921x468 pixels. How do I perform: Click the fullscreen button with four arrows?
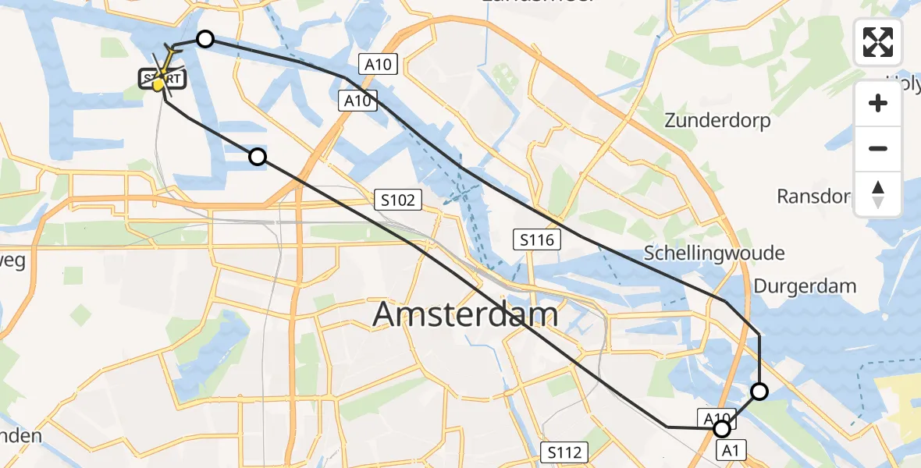point(878,42)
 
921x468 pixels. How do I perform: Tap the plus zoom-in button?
point(878,103)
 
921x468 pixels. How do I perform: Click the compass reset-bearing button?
point(878,194)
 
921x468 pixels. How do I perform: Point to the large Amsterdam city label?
point(465,315)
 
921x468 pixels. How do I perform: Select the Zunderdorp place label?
point(717,121)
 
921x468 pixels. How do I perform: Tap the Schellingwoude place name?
point(714,253)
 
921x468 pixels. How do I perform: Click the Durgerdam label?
point(805,286)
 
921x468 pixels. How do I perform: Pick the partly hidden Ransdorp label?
point(813,196)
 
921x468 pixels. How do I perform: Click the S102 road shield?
point(398,200)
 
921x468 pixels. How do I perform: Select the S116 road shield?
point(538,239)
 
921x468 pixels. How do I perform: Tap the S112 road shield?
point(565,452)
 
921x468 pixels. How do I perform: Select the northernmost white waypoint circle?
point(204,39)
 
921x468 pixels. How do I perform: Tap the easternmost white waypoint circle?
point(759,392)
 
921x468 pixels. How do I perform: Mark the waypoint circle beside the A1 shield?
point(722,429)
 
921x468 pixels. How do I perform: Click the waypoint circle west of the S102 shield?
point(258,158)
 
